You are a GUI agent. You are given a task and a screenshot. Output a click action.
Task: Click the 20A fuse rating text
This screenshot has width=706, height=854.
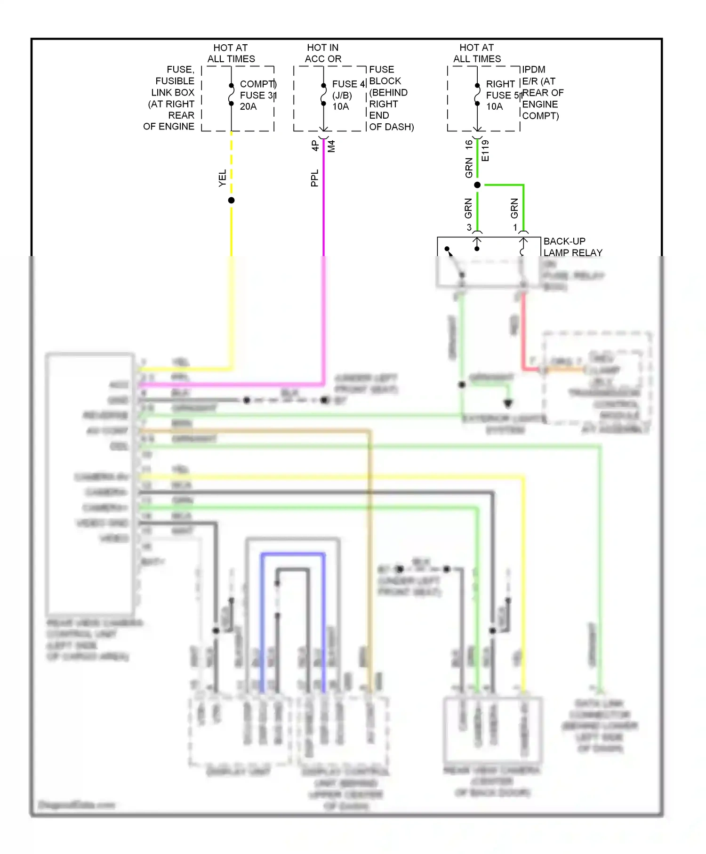click(x=248, y=106)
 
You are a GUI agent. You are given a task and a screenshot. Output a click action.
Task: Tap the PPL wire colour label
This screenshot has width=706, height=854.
click(x=314, y=178)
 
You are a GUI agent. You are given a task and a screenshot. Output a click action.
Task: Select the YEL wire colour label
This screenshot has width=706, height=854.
click(x=222, y=178)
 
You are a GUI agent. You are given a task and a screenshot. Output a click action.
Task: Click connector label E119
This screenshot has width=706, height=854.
click(x=486, y=151)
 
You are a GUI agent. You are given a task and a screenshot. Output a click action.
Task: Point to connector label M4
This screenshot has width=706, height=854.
click(x=331, y=146)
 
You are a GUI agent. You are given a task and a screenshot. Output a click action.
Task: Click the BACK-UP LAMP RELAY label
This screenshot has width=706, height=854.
click(x=572, y=247)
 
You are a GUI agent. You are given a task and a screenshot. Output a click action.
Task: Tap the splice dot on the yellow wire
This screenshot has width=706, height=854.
click(x=231, y=201)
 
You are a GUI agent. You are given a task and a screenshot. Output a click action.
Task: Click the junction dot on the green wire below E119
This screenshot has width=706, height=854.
click(x=477, y=185)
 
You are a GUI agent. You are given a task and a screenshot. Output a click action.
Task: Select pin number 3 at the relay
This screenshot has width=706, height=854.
click(x=469, y=227)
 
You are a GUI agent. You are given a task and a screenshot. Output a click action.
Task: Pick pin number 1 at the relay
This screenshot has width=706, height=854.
click(x=515, y=227)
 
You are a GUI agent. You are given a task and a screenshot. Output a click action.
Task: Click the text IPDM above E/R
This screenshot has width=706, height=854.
click(x=533, y=70)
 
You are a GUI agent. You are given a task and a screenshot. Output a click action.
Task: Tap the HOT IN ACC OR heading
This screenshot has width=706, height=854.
click(x=323, y=53)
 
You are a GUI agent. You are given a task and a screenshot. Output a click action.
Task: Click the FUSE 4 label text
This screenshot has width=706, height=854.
click(x=348, y=84)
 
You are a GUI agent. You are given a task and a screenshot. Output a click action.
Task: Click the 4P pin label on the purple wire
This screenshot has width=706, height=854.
click(x=315, y=146)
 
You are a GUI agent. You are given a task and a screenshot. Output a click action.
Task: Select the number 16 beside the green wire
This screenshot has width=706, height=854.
click(x=469, y=145)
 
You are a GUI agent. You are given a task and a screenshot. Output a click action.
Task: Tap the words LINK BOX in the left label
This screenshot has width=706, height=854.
click(x=172, y=92)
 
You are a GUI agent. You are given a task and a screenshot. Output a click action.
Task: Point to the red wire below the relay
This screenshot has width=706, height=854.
click(x=523, y=330)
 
